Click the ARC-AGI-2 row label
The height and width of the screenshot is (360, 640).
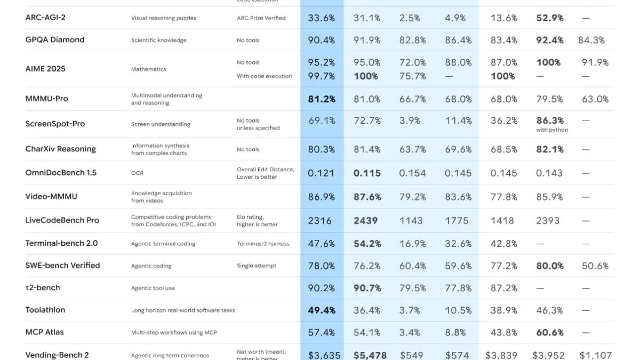[x=45, y=18]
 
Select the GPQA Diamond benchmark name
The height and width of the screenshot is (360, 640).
[x=55, y=40]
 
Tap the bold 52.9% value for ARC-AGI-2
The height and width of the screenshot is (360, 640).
[x=550, y=18]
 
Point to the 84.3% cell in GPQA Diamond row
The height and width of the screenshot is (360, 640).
[x=591, y=40]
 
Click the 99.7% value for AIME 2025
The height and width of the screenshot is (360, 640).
[x=321, y=76]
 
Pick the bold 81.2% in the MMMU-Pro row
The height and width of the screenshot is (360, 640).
[x=321, y=99]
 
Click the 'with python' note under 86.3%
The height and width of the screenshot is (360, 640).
[x=552, y=130]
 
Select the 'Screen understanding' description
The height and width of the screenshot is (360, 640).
[x=161, y=124]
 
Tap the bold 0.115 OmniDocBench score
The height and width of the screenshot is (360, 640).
[x=367, y=173]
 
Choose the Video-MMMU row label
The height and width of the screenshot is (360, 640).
[x=51, y=196]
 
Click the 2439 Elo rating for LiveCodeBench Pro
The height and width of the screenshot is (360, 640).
[x=365, y=220]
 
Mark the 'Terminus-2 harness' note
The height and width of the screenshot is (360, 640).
[x=263, y=244]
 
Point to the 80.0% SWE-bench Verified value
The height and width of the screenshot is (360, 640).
[x=550, y=266]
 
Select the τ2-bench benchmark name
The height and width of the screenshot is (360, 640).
[x=43, y=287]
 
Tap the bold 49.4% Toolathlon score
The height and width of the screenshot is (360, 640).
[x=321, y=310]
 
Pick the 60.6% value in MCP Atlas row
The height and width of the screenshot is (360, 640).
[x=550, y=332]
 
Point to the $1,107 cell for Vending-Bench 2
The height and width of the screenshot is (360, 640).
[x=595, y=355]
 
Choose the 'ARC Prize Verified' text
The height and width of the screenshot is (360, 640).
[x=261, y=18]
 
